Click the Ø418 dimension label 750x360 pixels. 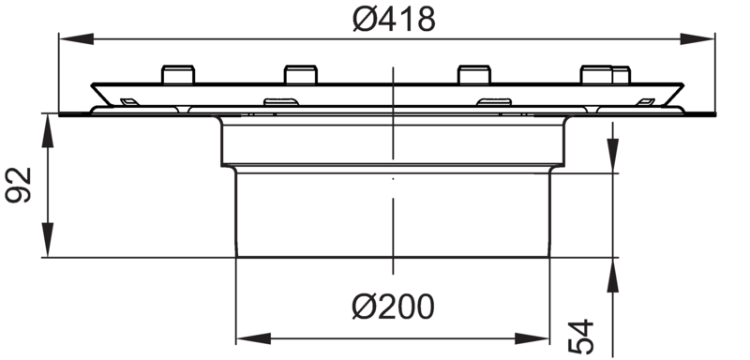(394, 20)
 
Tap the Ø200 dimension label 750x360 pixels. (393, 307)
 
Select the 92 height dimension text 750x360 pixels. (18, 185)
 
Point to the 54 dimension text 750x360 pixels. (580, 337)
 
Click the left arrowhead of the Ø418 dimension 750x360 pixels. (76, 38)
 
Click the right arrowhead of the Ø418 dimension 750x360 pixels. (697, 38)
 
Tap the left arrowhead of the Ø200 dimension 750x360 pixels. (253, 338)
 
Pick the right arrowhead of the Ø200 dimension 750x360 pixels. (532, 338)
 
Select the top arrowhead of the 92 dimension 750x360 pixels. (48, 130)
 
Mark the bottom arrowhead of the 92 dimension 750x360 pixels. (48, 240)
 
